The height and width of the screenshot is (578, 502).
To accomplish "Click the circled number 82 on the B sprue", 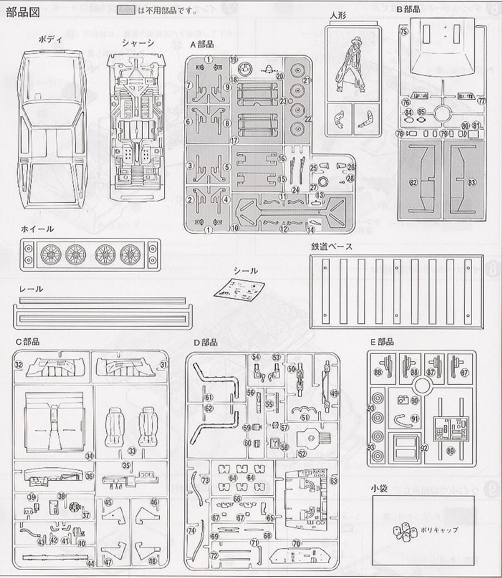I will [x=414, y=183].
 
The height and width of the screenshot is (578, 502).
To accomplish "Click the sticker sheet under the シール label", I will [x=241, y=291].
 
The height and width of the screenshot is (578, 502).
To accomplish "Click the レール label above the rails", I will [x=31, y=289].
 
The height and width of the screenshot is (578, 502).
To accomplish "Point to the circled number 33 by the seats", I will [x=131, y=451].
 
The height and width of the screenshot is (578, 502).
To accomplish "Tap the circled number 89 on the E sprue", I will [x=450, y=450].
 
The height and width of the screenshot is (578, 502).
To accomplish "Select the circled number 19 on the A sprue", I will [x=233, y=59].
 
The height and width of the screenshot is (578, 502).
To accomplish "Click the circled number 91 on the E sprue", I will [x=414, y=418].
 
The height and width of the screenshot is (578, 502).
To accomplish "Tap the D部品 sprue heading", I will [x=206, y=342].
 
